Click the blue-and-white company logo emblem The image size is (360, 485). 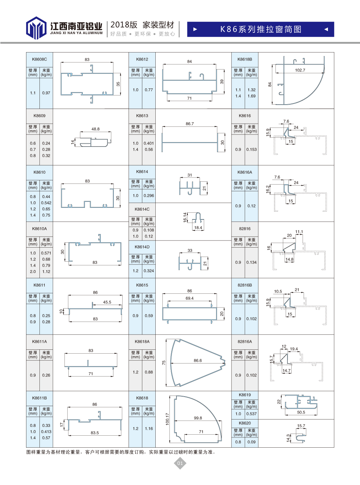point(36,28)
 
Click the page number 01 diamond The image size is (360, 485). point(180,463)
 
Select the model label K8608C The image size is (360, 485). point(39,59)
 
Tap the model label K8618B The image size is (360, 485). point(245,59)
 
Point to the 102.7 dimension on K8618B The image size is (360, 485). point(300,70)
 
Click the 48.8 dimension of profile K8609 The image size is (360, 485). point(95,129)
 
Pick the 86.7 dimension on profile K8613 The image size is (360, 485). point(190,124)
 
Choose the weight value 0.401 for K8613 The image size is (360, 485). point(149,143)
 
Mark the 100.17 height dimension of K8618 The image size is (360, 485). point(167,419)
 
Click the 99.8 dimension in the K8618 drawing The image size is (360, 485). point(198,418)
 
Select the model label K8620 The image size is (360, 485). point(245,423)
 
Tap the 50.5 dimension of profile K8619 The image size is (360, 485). point(301,412)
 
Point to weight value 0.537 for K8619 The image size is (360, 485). point(252,414)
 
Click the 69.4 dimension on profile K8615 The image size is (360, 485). point(190,298)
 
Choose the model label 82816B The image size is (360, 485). point(245,285)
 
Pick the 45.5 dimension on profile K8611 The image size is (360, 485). point(107,302)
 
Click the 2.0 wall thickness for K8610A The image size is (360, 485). point(33,272)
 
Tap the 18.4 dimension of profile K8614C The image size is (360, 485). point(198,228)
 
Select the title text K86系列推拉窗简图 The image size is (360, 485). point(261,29)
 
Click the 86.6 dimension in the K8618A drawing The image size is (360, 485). point(198,360)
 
